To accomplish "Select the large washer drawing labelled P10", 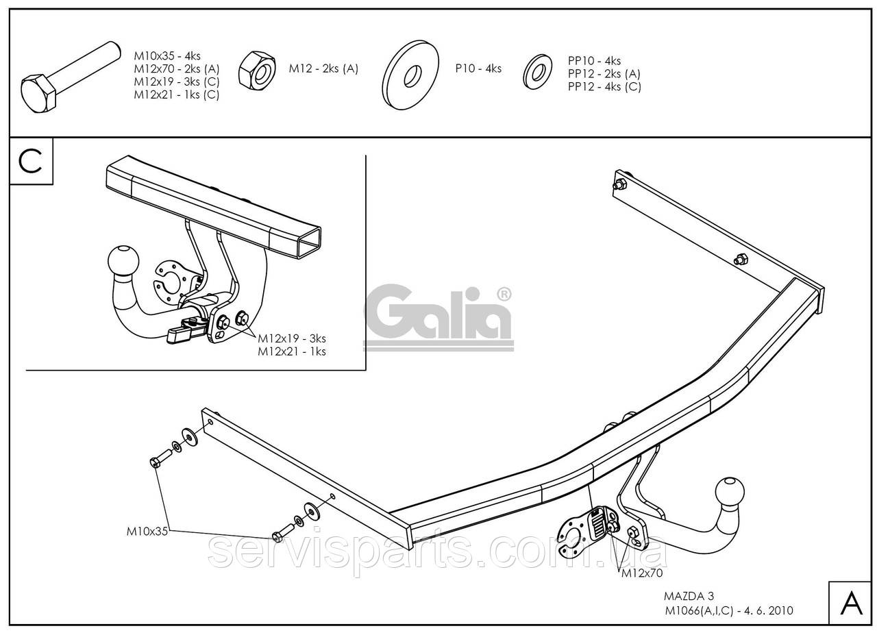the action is pyautogui.click(x=410, y=75).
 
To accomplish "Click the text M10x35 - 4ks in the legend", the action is pyautogui.click(x=167, y=56).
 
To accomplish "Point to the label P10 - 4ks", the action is pyautogui.click(x=478, y=69).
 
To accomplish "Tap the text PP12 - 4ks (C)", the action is pyautogui.click(x=604, y=86).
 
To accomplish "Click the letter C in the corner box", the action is pyautogui.click(x=31, y=161).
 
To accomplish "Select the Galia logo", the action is pyautogui.click(x=438, y=317).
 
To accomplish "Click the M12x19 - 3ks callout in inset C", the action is pyautogui.click(x=292, y=338).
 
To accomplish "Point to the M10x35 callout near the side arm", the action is pyautogui.click(x=147, y=532).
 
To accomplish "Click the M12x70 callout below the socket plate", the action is pyautogui.click(x=642, y=573).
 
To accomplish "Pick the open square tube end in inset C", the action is pyautogui.click(x=310, y=242).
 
